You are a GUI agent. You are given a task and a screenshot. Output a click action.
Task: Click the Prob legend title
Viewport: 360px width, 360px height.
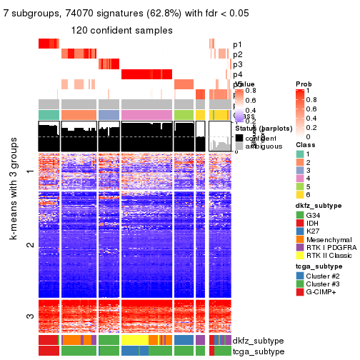point(303,84)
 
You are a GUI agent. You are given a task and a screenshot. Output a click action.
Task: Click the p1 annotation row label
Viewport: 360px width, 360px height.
point(237,44)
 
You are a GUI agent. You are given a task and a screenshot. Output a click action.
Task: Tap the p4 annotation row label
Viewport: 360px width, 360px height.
point(237,74)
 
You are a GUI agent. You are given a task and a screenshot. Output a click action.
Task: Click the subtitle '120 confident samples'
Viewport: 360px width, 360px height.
point(121,30)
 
